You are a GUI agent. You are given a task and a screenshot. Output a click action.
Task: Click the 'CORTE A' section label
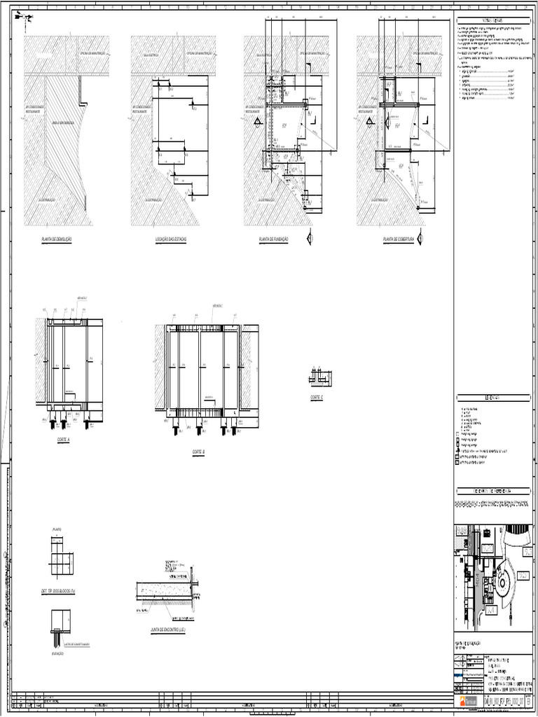64,442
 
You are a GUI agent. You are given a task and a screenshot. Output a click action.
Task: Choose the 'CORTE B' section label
198,452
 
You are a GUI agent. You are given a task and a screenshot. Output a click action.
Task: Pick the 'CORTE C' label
317,397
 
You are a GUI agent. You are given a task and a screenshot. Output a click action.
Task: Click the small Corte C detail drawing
320,377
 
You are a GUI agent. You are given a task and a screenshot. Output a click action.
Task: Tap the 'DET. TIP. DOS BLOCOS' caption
62,592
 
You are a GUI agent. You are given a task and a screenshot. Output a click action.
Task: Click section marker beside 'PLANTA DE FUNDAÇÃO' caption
310,239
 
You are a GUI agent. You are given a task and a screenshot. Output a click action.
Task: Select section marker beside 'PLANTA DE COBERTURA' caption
420,237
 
